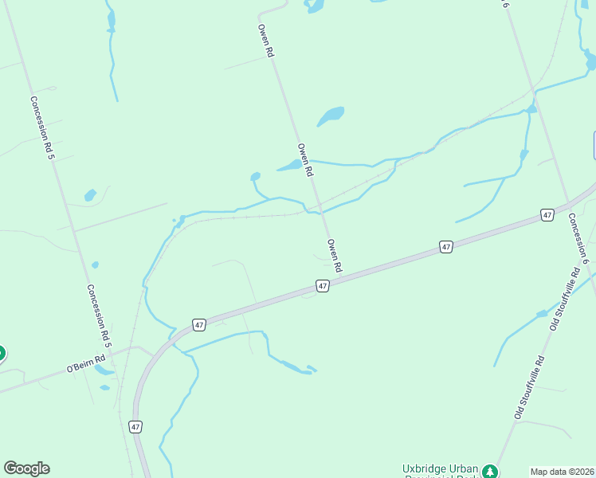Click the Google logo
[26, 468]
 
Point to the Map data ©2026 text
[562, 472]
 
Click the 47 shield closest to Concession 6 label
[547, 215]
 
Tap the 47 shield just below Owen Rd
[322, 285]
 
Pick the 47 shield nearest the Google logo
[135, 427]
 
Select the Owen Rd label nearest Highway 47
[335, 255]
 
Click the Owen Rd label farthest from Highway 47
[266, 40]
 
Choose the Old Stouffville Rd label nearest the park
[528, 388]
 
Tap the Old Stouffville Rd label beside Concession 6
[563, 300]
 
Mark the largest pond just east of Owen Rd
[331, 116]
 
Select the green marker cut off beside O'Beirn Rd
[2, 352]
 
